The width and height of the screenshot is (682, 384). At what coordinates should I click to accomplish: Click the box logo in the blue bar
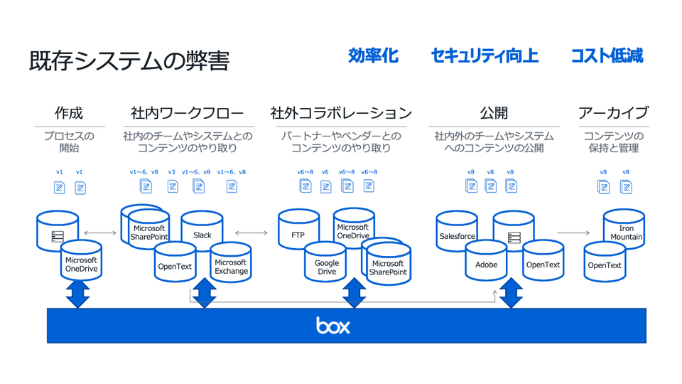pos(333,326)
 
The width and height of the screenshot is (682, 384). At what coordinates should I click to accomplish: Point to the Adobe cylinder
pos(486,265)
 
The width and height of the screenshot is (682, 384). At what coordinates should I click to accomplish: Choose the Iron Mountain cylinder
pos(625,231)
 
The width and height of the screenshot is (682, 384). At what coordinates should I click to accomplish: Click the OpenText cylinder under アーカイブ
pos(604,265)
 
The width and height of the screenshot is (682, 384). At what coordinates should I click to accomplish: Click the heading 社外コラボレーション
pos(341,113)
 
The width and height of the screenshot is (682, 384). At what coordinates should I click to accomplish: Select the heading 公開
pos(494,113)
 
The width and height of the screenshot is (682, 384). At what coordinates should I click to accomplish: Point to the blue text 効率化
pos(373,56)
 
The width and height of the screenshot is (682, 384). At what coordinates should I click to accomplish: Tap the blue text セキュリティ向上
pos(484,56)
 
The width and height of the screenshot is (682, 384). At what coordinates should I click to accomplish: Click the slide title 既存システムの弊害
pos(129,61)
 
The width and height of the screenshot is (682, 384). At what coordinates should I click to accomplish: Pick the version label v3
pos(172,172)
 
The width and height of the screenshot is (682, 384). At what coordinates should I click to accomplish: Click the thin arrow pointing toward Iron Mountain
pos(573,233)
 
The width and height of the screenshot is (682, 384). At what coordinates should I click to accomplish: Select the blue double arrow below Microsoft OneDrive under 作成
pos(78,293)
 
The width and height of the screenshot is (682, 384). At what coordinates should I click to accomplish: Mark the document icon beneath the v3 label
pos(173,186)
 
